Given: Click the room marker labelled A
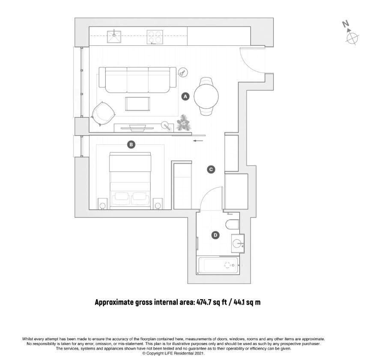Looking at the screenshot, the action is click(185, 96).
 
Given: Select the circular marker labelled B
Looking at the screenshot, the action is click(131, 144).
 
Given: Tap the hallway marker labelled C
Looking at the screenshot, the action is click(211, 170).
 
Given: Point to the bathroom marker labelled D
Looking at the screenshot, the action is click(215, 235).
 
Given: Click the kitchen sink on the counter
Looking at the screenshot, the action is click(114, 36).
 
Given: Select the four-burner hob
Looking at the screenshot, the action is click(155, 37).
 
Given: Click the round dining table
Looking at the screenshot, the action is click(206, 96).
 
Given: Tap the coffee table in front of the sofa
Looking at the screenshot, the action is click(137, 104).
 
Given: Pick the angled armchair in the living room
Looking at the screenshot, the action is click(103, 114).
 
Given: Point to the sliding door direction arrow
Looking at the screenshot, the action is click(198, 141).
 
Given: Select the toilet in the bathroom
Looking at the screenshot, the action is click(233, 225).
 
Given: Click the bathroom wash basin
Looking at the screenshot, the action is click(237, 244).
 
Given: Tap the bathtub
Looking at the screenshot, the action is click(218, 265).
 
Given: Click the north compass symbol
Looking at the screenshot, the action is click(351, 34).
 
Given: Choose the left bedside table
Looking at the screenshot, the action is click(103, 204).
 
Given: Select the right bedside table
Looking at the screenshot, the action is click(158, 204).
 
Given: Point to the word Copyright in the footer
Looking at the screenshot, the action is click(155, 354).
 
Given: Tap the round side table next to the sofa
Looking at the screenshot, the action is click(183, 72).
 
